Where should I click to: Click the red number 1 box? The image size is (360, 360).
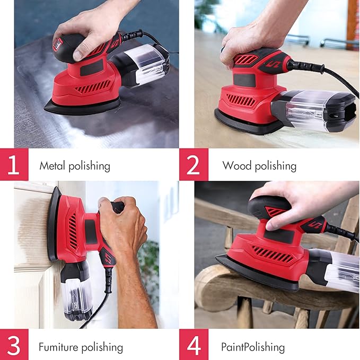(x=14, y=165)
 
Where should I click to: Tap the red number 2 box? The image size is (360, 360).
(x=194, y=165)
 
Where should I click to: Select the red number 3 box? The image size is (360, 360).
(x=14, y=345)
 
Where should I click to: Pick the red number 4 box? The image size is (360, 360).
(x=194, y=345)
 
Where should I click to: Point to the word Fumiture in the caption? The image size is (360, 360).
(x=58, y=348)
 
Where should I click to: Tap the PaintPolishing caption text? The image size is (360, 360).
(x=253, y=348)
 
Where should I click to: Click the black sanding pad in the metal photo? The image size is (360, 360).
(x=80, y=106)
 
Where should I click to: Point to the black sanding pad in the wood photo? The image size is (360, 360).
(x=244, y=122)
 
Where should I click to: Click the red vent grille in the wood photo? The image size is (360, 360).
(x=241, y=99)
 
